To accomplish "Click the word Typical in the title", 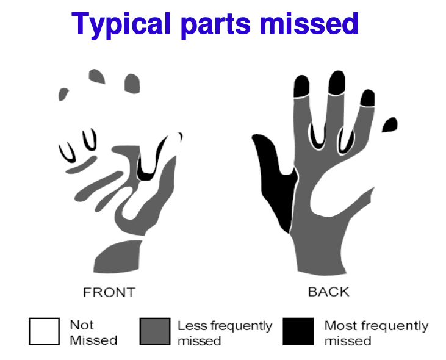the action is tap(121, 24).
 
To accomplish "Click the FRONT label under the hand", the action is tap(109, 292).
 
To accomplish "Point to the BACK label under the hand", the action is tap(328, 292).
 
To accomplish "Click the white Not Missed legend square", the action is tap(44, 331).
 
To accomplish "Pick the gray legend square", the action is tap(155, 331).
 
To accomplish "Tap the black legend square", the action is tap(298, 331).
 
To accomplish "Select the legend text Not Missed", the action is tap(93, 333).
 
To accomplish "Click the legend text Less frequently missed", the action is tap(225, 333).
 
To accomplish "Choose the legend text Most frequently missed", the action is tap(376, 333).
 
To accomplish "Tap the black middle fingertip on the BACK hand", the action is tap(337, 82).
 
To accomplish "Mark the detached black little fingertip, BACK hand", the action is tap(390, 124).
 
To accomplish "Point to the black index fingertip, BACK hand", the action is tap(301, 86).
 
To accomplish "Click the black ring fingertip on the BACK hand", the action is tap(368, 98).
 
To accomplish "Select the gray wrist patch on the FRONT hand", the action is tap(118, 257).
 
